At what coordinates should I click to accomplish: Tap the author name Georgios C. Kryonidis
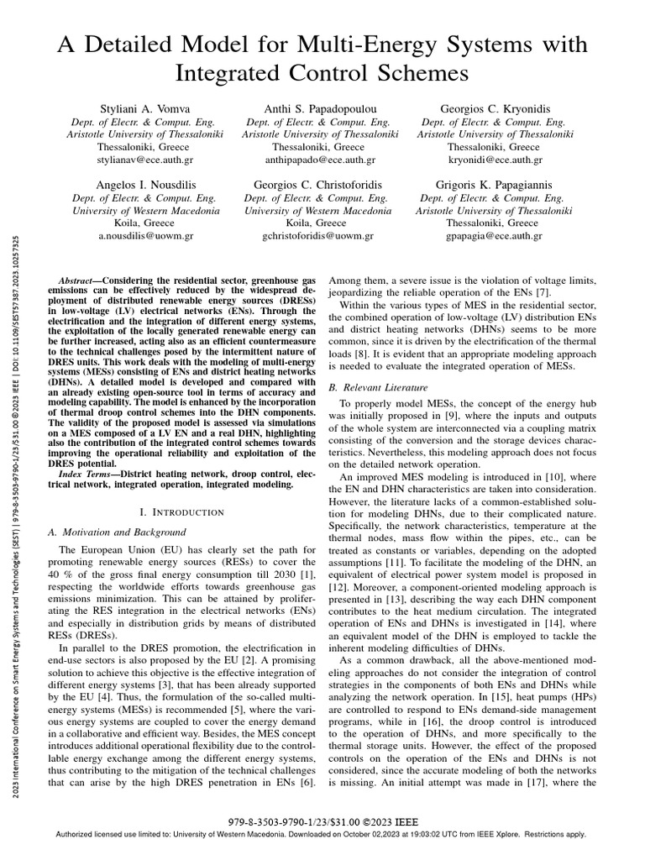point(494,108)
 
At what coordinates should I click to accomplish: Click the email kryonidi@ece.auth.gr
point(494,159)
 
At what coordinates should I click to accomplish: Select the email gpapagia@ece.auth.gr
point(494,236)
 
